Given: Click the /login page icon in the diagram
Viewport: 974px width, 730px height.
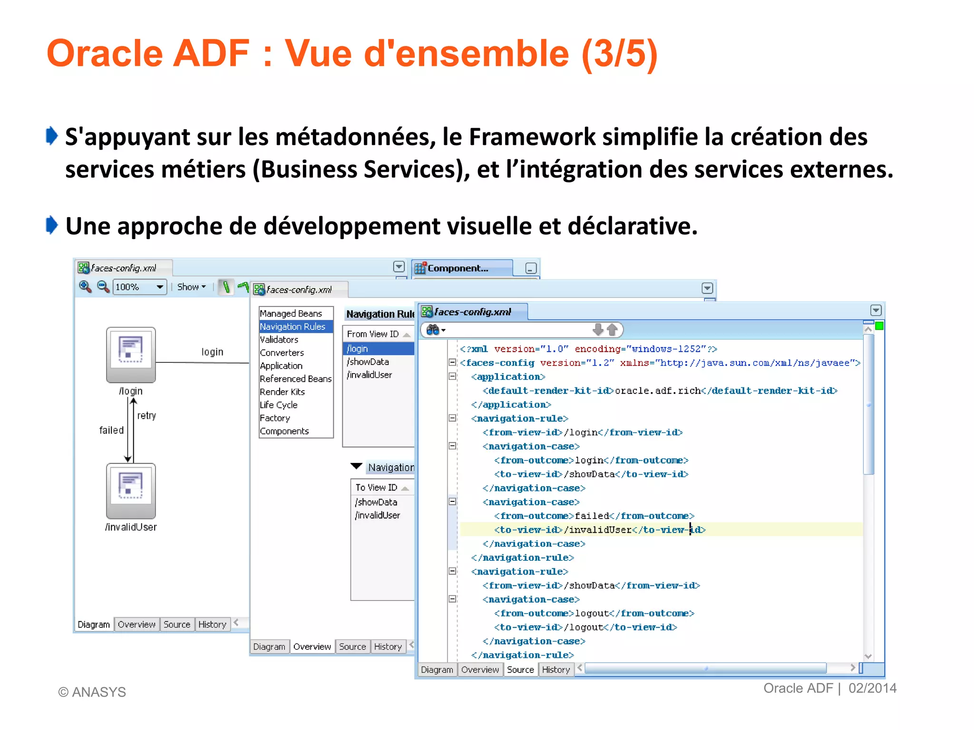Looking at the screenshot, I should [131, 355].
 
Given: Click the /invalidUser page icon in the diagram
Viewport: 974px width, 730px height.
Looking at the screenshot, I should [131, 491].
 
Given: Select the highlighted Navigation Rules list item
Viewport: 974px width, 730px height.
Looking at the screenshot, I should [292, 327].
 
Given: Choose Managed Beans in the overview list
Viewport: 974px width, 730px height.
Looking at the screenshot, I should [291, 314].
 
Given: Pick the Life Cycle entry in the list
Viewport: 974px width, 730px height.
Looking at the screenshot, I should [279, 405].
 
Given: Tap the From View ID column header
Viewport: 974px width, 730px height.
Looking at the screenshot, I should [373, 334].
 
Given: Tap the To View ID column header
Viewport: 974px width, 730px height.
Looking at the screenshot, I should [376, 488].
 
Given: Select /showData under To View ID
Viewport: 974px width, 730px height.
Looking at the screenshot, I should [376, 502].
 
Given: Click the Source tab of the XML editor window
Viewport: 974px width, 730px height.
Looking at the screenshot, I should [520, 670].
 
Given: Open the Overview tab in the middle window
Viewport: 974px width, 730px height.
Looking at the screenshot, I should [312, 647].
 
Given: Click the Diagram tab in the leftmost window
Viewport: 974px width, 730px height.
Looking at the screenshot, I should [94, 624].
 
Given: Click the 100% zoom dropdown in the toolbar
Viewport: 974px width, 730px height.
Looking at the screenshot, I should [139, 287].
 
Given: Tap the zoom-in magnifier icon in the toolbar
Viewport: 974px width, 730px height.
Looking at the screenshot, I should [85, 287].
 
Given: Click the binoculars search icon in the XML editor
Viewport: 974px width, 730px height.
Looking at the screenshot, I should [433, 330].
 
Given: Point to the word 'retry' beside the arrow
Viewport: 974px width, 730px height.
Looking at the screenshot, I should [146, 416].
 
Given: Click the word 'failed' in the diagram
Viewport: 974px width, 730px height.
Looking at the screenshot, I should [111, 430].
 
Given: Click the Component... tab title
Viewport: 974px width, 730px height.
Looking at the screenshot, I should [458, 269].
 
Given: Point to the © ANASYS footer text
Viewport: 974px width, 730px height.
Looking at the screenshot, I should [92, 692].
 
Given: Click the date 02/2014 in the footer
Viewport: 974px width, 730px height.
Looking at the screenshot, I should [872, 688].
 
